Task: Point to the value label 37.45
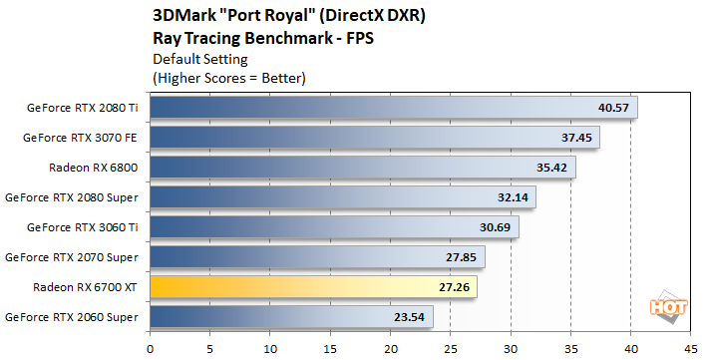coord(576,138)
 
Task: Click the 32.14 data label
coord(513,197)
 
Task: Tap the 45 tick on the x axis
coord(691,349)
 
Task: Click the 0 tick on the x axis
coord(150,349)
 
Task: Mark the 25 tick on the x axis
coord(451,349)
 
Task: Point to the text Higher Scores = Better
coord(228,77)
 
